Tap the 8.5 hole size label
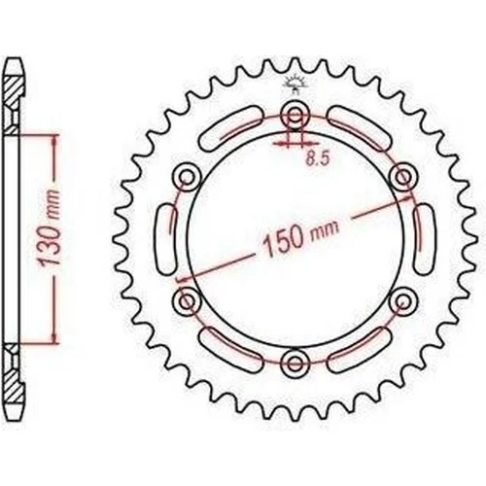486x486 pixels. point(318,159)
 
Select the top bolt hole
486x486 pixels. point(295,114)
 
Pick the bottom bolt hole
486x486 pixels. point(295,363)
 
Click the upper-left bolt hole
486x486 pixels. point(187,177)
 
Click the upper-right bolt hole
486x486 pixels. point(402,177)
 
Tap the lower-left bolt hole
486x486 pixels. point(187,301)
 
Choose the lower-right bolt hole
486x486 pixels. point(402,301)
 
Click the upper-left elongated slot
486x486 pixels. point(230,128)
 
